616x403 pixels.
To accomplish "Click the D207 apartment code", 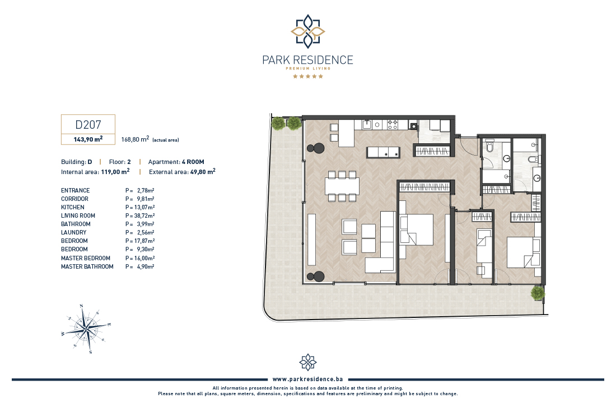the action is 88,124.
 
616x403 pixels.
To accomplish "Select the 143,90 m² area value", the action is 88,139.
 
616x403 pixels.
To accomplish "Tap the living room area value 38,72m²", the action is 146,215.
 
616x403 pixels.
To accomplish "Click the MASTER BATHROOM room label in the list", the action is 87,266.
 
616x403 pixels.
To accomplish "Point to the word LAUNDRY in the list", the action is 73,232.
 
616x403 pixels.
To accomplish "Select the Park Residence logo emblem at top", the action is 307,31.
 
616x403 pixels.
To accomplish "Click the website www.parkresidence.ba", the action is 307,379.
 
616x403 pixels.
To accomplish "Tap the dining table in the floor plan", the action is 342,186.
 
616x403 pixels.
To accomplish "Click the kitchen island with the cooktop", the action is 384,152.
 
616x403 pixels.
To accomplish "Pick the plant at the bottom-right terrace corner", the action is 538,293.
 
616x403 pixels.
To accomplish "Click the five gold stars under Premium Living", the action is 307,76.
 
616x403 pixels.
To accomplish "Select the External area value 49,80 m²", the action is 203,172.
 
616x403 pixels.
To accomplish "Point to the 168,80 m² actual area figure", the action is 135,139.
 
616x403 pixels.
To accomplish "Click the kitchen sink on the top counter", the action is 367,124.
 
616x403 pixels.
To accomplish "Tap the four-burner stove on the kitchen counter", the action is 393,124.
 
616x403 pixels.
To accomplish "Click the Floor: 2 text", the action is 120,162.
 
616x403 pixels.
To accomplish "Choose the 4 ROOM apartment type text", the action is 193,162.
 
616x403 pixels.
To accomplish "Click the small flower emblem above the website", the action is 307,362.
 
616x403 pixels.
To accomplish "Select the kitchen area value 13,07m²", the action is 146,208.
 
